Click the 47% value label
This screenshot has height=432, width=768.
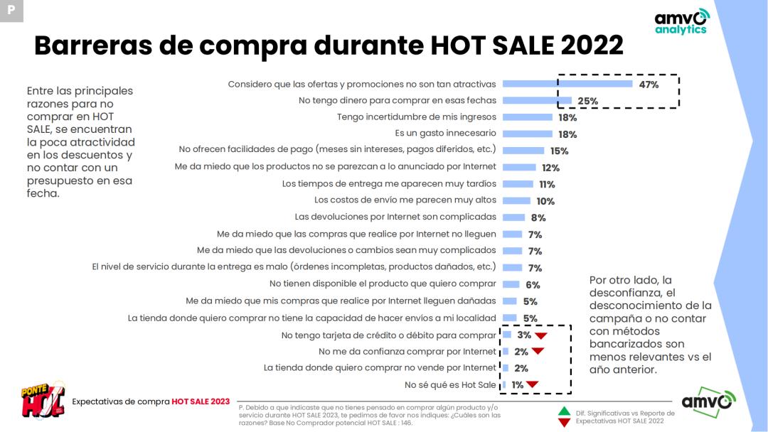point(649,85)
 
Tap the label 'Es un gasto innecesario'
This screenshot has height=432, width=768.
point(445,134)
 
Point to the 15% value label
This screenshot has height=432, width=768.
point(559,151)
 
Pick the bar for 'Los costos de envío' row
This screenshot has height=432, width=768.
point(516,201)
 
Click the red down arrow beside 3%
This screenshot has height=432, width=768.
point(540,335)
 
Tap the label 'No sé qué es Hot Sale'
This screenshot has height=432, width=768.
point(450,385)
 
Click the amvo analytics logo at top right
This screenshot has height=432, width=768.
point(681,21)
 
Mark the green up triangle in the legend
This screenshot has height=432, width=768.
point(564,411)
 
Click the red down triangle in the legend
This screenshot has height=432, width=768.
point(564,423)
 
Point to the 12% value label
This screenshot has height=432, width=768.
point(550,168)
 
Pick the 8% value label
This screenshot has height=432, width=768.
point(538,218)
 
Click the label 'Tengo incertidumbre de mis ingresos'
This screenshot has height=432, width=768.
point(417,117)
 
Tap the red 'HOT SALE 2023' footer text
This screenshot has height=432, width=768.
point(201,401)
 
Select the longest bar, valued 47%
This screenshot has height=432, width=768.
point(567,84)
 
